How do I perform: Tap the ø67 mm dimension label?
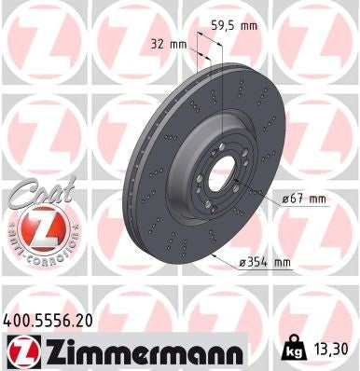(304, 199)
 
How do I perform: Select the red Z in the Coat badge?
(35, 228)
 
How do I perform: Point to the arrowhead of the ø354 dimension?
(214, 252)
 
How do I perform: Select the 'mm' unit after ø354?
(283, 263)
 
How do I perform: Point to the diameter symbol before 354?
(244, 263)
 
